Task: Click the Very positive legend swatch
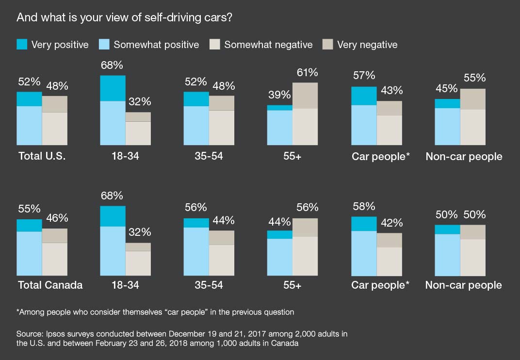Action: (x=22, y=45)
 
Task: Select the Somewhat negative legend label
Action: (x=268, y=45)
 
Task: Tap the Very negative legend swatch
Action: (x=328, y=45)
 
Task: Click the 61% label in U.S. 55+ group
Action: (x=307, y=73)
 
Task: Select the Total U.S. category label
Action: (x=42, y=156)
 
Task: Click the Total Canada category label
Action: (x=50, y=285)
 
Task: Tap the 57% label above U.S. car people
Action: (x=364, y=76)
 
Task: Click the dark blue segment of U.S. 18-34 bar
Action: (x=113, y=88)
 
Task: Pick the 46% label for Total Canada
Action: (x=57, y=218)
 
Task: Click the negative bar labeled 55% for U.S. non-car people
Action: (x=472, y=116)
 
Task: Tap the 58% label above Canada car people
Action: (x=364, y=206)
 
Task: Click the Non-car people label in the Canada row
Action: (x=463, y=285)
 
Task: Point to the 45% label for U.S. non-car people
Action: (x=446, y=88)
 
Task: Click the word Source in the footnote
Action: (x=29, y=334)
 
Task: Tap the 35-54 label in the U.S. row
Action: (x=209, y=156)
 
